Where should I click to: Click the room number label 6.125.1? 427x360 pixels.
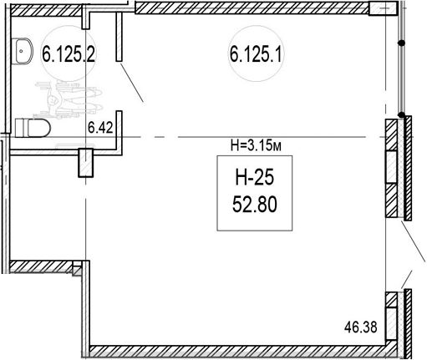[255, 54]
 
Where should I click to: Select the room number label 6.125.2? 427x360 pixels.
[69, 54]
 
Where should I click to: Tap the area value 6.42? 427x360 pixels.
[100, 128]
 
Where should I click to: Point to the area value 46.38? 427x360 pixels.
[361, 327]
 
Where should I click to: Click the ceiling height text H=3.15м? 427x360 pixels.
[256, 145]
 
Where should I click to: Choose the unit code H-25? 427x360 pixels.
[255, 178]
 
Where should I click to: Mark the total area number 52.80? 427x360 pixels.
[255, 204]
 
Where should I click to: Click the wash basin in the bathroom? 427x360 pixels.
[22, 51]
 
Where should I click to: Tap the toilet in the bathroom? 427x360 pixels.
[33, 128]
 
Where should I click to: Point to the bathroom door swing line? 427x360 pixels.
[132, 83]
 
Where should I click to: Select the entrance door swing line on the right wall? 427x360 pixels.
[414, 241]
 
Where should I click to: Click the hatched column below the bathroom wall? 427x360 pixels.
[85, 163]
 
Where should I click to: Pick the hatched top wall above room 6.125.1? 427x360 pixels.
[252, 8]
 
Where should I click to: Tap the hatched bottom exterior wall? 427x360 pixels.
[240, 352]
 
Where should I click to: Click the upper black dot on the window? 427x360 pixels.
[401, 43]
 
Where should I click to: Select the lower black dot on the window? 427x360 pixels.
[401, 114]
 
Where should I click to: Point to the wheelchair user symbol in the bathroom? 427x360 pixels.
[69, 99]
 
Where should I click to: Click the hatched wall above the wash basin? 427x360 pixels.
[46, 10]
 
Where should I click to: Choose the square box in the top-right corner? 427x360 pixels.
[383, 8]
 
